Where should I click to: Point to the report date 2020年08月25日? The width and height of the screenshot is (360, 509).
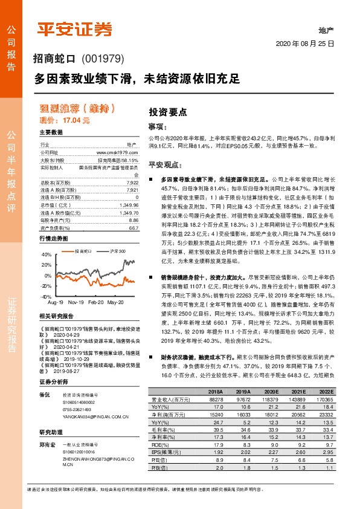point(309,44)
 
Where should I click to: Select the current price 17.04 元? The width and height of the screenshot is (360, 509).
point(76,120)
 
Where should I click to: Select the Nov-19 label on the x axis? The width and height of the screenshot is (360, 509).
point(76,302)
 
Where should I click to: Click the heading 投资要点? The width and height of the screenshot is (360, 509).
point(168,112)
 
